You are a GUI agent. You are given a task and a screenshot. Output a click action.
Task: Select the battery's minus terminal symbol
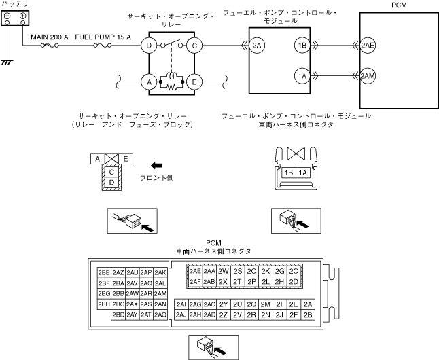point(7,15)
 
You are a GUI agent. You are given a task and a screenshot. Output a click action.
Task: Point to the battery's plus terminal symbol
point(22,15)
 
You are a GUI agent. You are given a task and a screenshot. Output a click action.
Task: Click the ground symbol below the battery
point(7,62)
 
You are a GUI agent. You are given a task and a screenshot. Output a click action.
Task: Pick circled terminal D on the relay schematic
point(147,46)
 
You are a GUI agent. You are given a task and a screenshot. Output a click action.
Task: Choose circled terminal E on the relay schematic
point(194,82)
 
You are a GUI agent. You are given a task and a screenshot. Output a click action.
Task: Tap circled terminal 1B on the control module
point(302,46)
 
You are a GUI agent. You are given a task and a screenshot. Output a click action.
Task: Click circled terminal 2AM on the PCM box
point(368,75)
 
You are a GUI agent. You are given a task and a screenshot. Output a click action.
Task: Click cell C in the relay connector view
point(111,172)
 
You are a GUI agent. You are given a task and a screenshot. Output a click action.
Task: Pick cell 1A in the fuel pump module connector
point(303,173)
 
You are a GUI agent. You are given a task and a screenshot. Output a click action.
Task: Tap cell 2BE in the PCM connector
point(104,272)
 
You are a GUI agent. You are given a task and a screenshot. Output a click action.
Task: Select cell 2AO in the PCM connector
point(160,314)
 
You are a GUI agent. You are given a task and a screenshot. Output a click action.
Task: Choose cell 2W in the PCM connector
point(223,271)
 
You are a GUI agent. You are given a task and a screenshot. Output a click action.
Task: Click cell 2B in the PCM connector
point(309,314)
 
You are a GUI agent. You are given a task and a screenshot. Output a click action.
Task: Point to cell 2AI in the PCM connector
point(181,304)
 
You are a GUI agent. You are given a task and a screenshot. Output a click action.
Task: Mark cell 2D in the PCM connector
point(294,281)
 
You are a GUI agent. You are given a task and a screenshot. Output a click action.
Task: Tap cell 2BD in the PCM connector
point(118,314)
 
